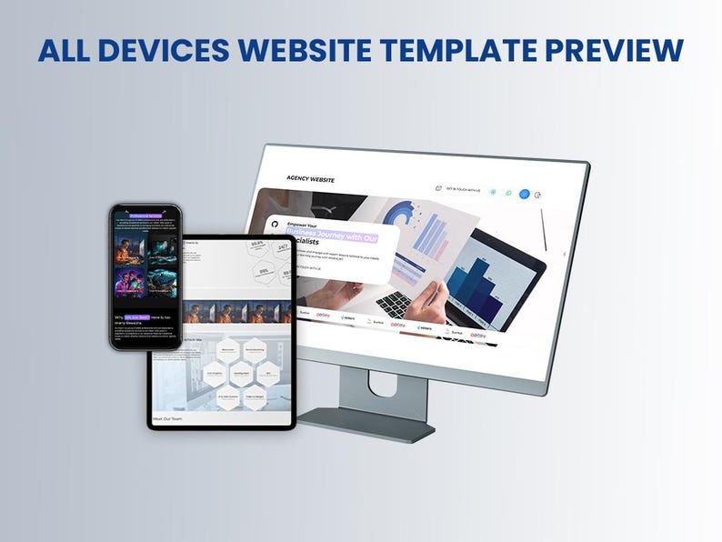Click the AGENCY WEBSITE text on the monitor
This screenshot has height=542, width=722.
point(310,180)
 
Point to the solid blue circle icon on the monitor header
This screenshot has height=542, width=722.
point(524,194)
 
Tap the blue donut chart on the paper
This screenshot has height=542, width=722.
point(401,216)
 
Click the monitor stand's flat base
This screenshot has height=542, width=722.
point(364,421)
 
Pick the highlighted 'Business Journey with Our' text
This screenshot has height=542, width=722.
point(332,237)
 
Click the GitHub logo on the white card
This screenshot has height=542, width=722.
point(274,224)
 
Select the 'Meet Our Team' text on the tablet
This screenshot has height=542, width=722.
point(169,418)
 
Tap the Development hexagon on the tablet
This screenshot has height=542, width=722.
point(241,373)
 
